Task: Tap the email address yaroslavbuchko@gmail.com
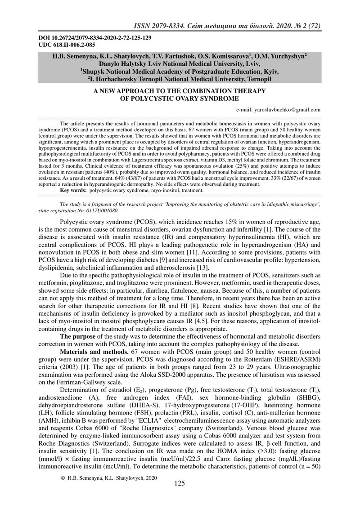[x=279, y=109]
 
